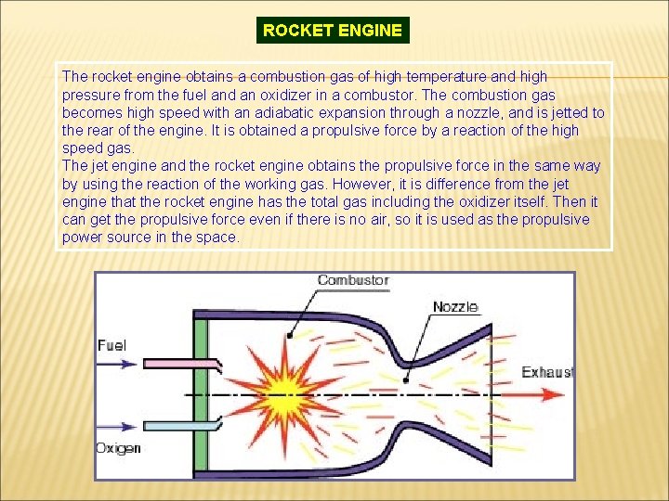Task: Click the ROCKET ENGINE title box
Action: [333, 30]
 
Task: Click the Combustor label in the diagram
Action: [353, 280]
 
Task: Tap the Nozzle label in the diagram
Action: [455, 306]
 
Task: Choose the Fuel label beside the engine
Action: [111, 345]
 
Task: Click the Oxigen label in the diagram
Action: [118, 448]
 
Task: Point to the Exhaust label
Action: [546, 372]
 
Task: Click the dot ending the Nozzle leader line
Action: [408, 379]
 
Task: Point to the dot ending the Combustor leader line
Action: [290, 334]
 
